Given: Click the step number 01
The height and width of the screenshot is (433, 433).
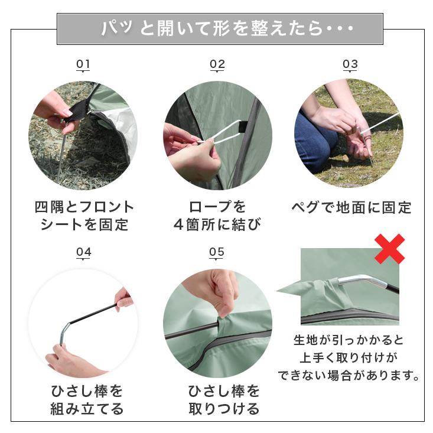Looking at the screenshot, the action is coord(83,64).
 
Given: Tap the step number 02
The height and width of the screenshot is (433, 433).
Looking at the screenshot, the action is coord(217,64).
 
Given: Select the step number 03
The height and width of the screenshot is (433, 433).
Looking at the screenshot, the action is coord(350,64).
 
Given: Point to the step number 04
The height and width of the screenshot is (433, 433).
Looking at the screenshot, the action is coord(83,252).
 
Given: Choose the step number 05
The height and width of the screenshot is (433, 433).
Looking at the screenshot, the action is coord(216,252).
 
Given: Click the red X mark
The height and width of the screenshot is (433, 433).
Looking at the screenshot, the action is coord(389,249).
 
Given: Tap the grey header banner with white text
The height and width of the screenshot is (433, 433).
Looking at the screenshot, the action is coord(220,29).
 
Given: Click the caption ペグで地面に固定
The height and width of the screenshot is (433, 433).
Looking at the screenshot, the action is coord(351,208).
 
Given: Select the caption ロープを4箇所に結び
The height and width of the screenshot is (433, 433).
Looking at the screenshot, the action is coord(217,216).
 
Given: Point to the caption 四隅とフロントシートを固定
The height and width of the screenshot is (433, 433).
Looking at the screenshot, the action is coord(84,216).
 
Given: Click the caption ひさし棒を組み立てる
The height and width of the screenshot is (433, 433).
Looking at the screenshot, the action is coord(87,400).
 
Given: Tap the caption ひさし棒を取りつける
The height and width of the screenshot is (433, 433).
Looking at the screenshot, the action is coord(224,400).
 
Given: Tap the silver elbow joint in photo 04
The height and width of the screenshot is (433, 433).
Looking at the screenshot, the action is coord(66,331).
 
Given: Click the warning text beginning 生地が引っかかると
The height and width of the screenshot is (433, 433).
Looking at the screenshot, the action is coord(349,358).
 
